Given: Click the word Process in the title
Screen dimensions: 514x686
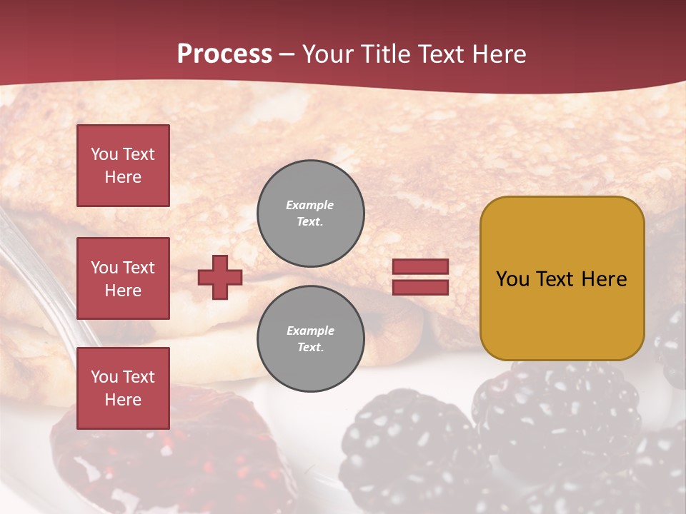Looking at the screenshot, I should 224,54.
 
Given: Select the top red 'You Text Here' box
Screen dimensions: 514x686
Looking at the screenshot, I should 123,166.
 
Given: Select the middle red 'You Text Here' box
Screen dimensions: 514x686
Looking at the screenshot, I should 123,278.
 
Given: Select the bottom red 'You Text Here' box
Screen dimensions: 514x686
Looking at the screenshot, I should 123,388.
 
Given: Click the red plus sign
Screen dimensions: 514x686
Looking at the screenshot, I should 219,277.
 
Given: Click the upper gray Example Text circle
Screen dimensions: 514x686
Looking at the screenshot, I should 310,213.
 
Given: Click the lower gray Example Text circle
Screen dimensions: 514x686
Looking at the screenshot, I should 310,339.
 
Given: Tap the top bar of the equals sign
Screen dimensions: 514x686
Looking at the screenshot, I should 420,267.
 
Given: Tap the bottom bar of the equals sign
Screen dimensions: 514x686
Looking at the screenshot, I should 420,287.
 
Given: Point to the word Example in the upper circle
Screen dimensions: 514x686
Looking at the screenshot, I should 310,205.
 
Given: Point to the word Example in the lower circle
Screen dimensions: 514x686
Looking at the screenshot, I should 310,331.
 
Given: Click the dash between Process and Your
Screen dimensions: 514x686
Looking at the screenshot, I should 287,55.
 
